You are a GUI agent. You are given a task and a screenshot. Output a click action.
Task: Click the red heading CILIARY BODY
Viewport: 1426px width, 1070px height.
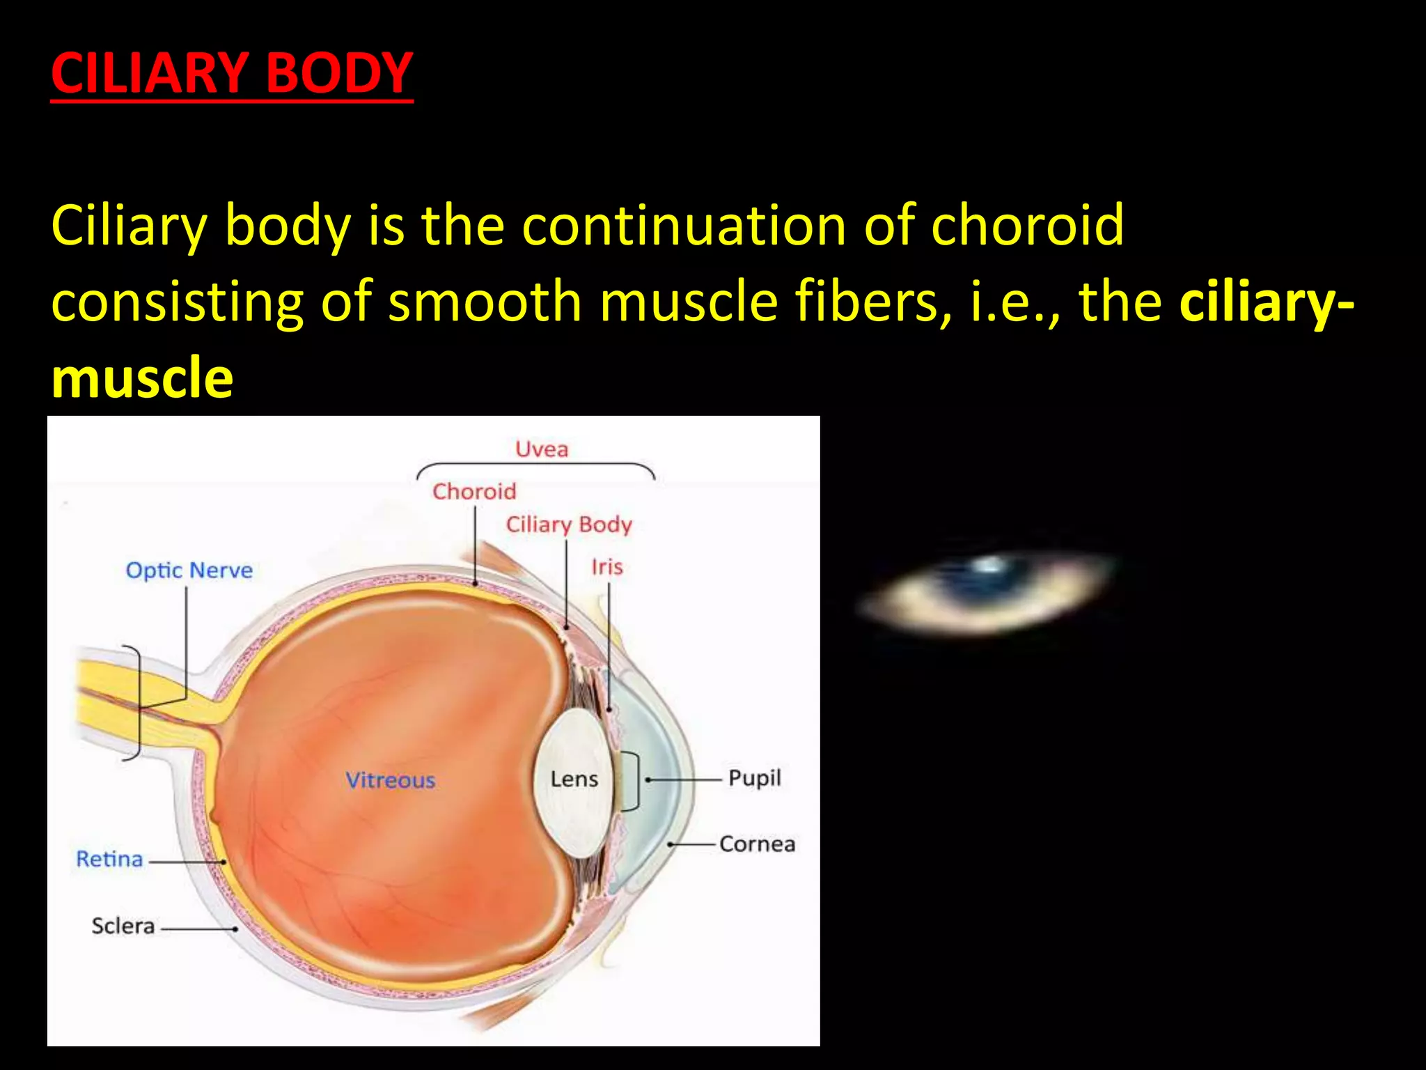(x=232, y=73)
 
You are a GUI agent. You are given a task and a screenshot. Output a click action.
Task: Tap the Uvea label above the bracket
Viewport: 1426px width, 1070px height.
(x=542, y=449)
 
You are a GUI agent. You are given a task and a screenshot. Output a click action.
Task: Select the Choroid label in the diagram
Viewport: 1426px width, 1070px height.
(x=474, y=492)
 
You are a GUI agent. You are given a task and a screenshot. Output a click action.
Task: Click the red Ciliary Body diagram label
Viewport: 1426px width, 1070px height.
(x=569, y=525)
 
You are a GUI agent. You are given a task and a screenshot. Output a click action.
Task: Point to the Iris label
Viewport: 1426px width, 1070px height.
(x=607, y=567)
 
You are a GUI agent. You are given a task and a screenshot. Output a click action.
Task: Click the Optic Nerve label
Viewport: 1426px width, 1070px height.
(x=189, y=571)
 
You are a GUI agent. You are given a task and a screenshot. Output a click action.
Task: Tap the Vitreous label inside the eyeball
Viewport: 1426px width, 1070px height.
(x=391, y=780)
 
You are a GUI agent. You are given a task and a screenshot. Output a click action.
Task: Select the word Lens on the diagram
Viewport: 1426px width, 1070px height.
(x=574, y=779)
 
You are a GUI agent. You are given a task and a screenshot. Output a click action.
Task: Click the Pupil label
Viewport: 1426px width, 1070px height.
(x=755, y=778)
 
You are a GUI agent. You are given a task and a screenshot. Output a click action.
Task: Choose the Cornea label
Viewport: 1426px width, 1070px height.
(x=757, y=844)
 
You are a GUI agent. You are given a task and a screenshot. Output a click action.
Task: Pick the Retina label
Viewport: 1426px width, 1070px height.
(x=109, y=860)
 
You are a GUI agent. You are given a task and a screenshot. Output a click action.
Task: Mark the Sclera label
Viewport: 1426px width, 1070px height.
(x=123, y=926)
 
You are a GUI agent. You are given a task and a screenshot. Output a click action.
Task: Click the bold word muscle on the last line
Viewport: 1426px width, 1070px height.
(x=142, y=378)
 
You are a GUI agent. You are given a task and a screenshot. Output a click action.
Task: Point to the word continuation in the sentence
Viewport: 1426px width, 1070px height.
(x=684, y=226)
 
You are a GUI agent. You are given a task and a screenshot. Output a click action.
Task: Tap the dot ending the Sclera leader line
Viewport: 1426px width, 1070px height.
(x=235, y=929)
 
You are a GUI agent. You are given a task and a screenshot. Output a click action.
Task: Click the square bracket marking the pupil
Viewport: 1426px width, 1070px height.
(x=632, y=781)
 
